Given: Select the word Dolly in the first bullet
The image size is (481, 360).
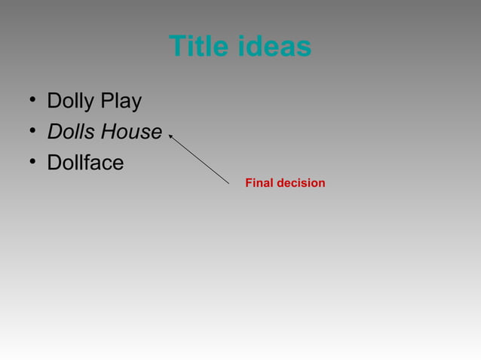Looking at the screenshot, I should tap(72, 102).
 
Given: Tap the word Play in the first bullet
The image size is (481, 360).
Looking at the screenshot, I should tap(123, 102).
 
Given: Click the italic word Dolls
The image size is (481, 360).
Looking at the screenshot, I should tap(72, 132).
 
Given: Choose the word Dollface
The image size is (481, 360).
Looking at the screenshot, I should tap(85, 163).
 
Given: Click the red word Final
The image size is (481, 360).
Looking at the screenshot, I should tap(260, 183).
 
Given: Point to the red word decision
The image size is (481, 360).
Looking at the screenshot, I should tap(302, 183).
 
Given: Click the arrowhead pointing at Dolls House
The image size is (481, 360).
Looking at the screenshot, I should tap(171, 136).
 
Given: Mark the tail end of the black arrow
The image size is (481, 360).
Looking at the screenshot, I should tap(228, 183).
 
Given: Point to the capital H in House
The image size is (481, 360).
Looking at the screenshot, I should tap(109, 132).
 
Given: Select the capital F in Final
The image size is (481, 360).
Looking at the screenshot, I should tap(250, 183).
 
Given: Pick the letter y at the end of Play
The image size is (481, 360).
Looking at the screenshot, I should tap(136, 104).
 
